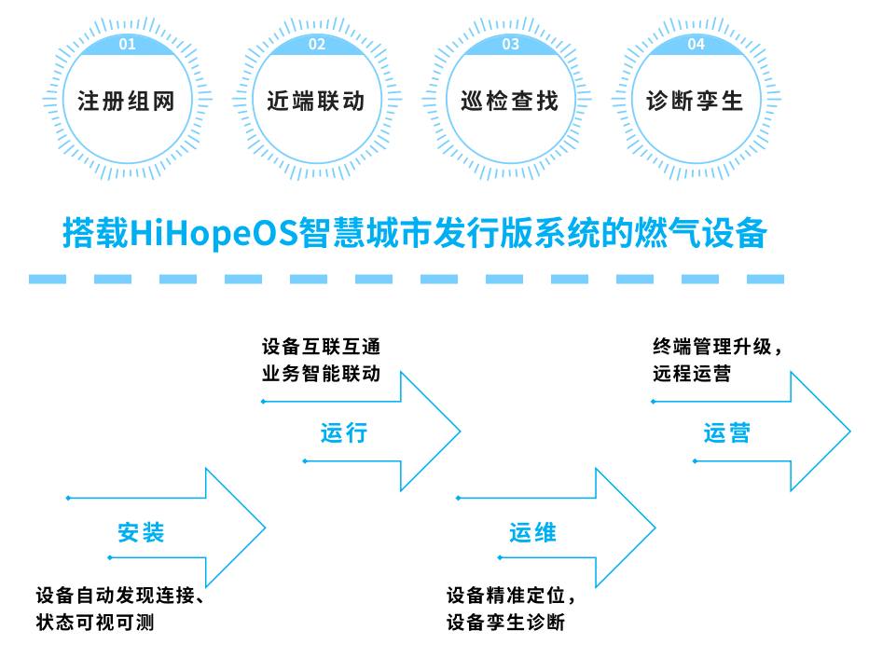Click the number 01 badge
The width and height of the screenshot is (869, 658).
pos(128,45)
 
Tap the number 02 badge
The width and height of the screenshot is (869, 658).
pos(317,45)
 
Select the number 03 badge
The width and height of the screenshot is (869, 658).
pos(510,45)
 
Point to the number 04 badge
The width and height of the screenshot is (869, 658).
pos(697,45)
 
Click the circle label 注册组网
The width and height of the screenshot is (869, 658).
pos(127,102)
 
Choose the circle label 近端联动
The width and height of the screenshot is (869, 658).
pos(316,102)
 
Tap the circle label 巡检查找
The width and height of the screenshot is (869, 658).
pos(509,102)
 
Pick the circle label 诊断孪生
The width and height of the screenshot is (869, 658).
pos(695,102)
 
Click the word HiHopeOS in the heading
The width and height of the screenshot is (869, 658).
pos(214,233)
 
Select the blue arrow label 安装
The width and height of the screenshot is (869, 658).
pos(142,533)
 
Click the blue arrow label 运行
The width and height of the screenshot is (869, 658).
pos(344,432)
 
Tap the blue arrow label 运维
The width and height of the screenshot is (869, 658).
pos(532,533)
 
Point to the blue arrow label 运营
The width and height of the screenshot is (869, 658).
pos(727,432)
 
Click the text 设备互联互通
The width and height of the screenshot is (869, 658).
pos(322,347)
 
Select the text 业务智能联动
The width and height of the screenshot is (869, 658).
pos(322,374)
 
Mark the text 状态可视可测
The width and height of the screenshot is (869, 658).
pos(95,622)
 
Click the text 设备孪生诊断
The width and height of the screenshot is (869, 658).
pos(506,622)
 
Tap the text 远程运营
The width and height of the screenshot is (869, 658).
pos(692,374)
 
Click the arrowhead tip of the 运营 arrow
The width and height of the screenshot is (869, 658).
pos(849,432)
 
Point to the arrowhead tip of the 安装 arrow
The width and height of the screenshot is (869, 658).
pos(265,528)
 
